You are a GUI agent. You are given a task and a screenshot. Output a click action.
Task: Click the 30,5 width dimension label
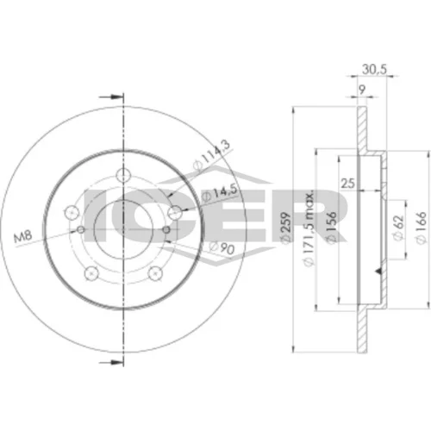374,70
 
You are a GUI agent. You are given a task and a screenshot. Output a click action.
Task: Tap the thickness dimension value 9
362,91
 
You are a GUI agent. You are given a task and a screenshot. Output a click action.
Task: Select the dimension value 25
348,183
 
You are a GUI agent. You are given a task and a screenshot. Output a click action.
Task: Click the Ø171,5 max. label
309,228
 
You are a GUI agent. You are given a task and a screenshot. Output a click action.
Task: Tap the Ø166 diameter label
422,228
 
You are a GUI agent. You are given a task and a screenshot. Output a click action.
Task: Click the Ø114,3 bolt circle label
212,157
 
